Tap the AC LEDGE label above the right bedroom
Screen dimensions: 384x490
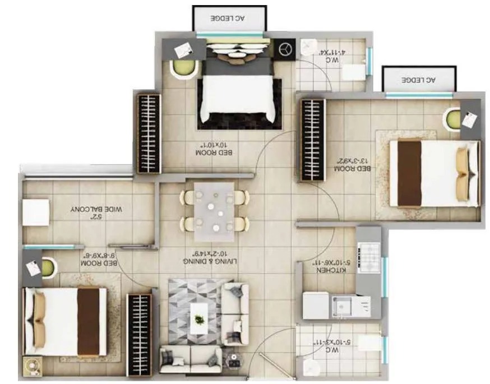click(x=418, y=80)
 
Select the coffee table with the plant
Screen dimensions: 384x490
click(x=198, y=319)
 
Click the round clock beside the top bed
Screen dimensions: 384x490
click(x=285, y=49)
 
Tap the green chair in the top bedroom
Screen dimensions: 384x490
click(x=184, y=68)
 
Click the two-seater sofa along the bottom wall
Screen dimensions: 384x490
click(x=190, y=359)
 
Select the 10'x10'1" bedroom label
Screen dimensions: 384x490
click(x=213, y=149)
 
